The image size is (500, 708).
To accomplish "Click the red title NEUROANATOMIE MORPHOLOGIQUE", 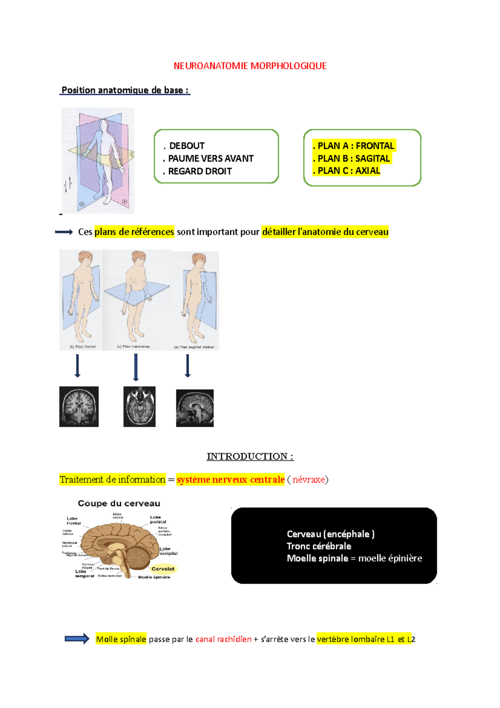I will point(250,66).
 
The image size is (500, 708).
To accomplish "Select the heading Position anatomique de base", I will point(125,90).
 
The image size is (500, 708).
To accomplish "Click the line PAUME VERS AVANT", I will point(210,158).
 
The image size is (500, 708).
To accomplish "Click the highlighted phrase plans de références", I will point(134,232).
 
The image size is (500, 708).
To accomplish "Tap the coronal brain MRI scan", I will point(79,407).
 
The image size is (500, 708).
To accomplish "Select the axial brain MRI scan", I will point(139,407).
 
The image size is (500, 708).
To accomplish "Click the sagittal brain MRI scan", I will point(195,408).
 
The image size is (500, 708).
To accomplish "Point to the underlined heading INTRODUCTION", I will point(250,457).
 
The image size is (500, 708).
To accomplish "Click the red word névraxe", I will point(308,480).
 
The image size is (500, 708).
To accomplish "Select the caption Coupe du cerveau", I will point(119,503).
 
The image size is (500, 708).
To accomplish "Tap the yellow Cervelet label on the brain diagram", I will point(163,569).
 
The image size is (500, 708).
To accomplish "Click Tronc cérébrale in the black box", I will point(319,546).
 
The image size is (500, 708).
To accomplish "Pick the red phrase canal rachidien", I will point(223,639).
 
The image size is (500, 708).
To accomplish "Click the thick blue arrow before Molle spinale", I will point(77,638).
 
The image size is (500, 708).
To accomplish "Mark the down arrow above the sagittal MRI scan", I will point(187,366).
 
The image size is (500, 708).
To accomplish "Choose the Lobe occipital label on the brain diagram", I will point(168,551).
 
